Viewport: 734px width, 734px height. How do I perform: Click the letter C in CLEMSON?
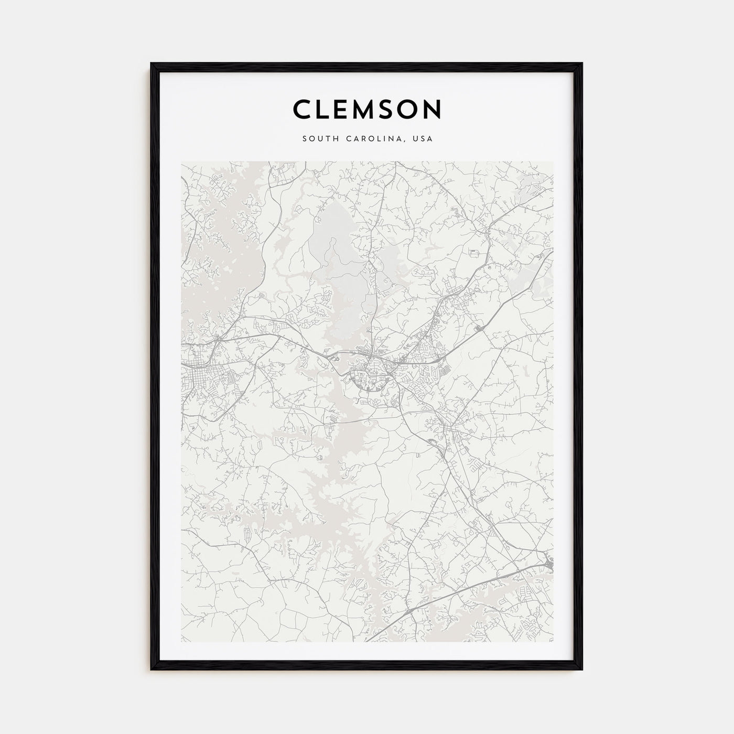[303, 110]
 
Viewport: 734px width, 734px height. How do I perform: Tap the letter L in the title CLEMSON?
[327, 110]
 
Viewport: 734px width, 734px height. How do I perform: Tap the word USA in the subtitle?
[423, 139]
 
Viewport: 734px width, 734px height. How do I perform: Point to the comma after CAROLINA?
[407, 141]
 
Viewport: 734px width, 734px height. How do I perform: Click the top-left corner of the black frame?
[152, 64]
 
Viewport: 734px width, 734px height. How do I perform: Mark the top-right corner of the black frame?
[581, 64]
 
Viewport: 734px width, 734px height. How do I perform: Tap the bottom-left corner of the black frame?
[152, 670]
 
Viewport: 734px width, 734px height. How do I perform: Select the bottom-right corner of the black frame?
[581, 670]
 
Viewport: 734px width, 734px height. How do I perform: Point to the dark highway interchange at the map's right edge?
[548, 564]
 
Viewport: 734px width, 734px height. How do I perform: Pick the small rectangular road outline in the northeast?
[474, 253]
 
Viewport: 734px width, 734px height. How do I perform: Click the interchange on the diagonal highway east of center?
[478, 329]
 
